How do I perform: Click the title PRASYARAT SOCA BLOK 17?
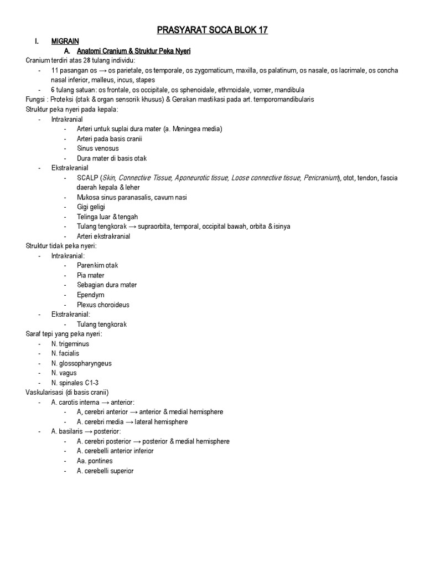212,30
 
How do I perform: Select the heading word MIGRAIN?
65,42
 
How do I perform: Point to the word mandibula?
286,90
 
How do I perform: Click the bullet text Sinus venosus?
97,148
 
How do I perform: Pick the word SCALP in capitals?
87,178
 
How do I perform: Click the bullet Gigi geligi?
91,207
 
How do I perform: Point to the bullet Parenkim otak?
97,265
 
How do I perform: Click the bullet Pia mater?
90,275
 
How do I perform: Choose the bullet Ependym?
91,295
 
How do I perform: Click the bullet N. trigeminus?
70,344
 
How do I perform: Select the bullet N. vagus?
64,373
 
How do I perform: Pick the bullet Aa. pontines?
95,461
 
